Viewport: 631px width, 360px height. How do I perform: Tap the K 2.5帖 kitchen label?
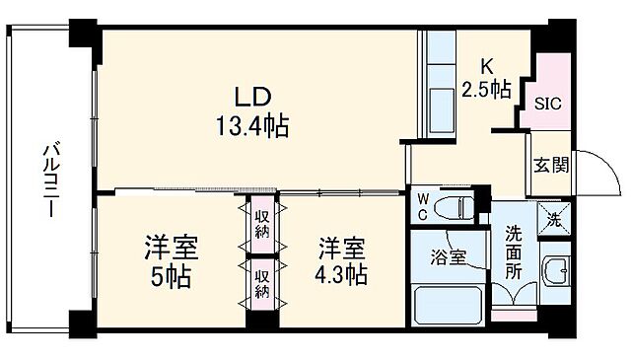click(486, 79)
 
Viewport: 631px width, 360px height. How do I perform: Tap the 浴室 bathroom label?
click(450, 254)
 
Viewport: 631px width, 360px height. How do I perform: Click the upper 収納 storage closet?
click(261, 227)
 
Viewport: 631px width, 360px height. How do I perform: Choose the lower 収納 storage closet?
click(261, 280)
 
